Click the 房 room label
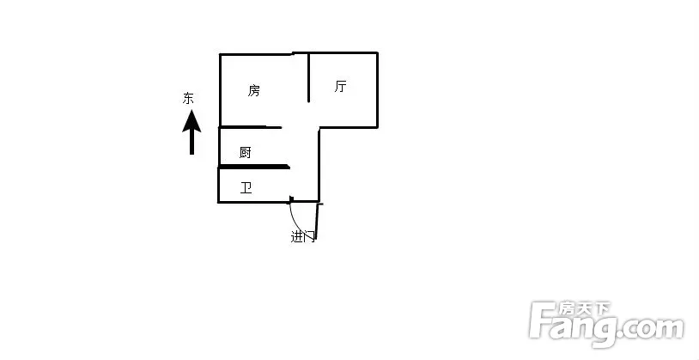click(x=253, y=90)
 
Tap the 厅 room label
click(x=341, y=86)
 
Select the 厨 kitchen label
click(x=246, y=153)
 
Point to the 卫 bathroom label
click(x=246, y=187)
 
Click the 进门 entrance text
click(x=303, y=236)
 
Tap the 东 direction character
click(x=188, y=98)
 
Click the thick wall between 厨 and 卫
click(x=253, y=167)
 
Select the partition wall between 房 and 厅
click(x=308, y=77)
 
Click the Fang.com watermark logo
click(x=606, y=324)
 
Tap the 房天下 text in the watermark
click(x=585, y=308)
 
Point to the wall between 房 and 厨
click(x=250, y=127)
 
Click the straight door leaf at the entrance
click(x=317, y=219)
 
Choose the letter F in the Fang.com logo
click(x=543, y=320)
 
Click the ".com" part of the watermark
click(x=652, y=329)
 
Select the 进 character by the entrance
click(x=297, y=236)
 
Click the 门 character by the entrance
click(x=309, y=236)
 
